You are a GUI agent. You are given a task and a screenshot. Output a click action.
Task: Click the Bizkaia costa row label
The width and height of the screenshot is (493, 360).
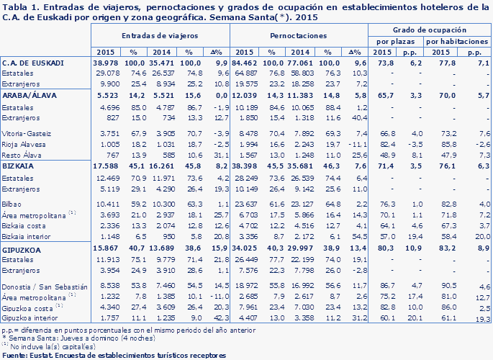22,225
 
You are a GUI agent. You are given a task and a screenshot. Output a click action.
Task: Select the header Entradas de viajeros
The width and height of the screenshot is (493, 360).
160,35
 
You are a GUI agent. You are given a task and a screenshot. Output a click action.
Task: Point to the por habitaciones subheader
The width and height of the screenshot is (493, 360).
453,42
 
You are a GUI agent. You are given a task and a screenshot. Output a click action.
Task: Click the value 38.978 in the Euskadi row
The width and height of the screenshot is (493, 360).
109,63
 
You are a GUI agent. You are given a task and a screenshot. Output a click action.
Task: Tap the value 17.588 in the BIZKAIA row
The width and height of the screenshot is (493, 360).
109,164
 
